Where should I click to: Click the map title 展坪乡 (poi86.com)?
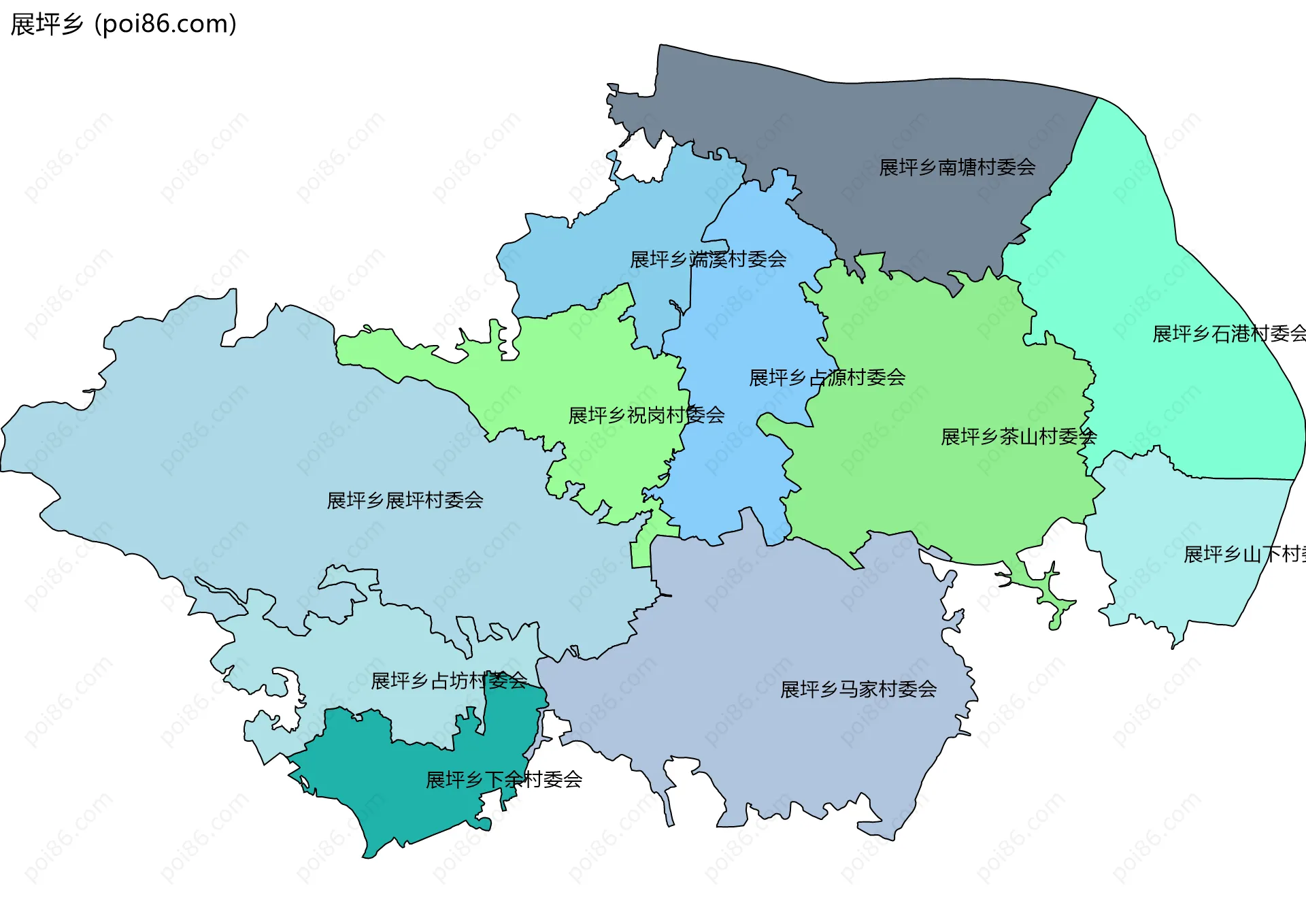[123, 24]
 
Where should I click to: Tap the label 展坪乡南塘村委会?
[957, 167]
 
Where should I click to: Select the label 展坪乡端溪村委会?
[708, 259]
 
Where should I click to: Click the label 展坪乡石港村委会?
[1228, 333]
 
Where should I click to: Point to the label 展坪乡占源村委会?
[826, 378]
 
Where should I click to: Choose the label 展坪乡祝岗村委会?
[646, 415]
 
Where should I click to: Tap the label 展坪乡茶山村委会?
[1018, 437]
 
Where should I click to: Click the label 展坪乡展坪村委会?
[405, 501]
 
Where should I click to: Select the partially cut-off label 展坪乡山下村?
[1243, 555]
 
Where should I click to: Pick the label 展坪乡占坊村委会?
[449, 680]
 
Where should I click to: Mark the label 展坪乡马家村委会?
[858, 689]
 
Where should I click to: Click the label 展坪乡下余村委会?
[503, 780]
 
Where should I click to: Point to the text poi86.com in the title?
[166, 24]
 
